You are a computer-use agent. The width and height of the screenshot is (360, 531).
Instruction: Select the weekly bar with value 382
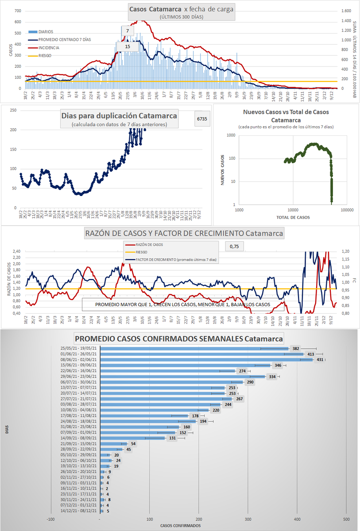tap(195, 349)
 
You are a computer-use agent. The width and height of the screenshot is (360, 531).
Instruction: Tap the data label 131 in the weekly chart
tap(172, 438)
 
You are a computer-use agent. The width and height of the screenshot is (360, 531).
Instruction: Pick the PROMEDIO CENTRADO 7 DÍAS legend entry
tap(58, 39)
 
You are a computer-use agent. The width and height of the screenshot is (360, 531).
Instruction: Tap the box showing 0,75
tap(234, 247)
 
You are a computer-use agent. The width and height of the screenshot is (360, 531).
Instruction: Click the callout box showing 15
tap(128, 46)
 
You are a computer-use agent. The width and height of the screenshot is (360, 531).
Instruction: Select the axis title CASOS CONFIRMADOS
tap(180, 526)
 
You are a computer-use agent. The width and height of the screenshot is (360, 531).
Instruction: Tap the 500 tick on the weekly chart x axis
tap(346, 519)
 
